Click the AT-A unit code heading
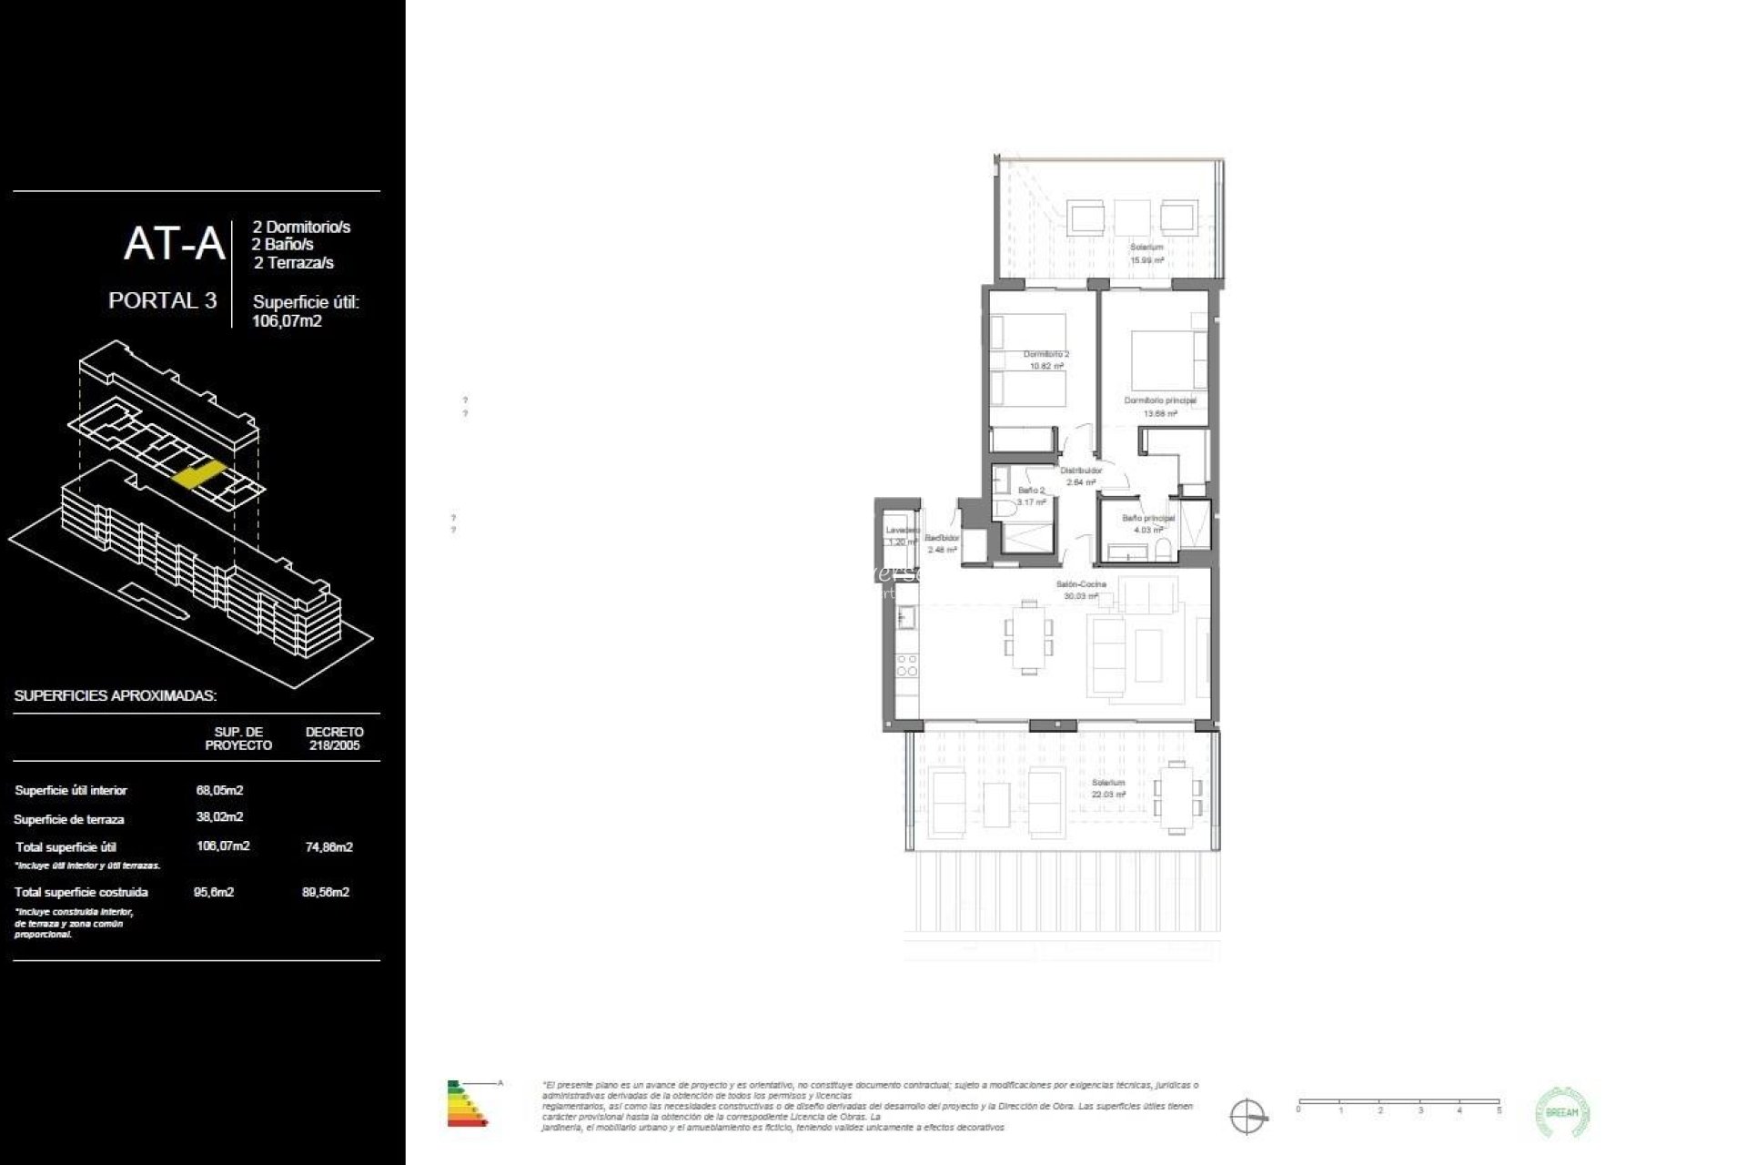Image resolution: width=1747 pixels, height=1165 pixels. (x=174, y=244)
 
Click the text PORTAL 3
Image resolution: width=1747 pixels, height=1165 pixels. (x=162, y=300)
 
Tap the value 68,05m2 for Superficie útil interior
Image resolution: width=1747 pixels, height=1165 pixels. (x=219, y=790)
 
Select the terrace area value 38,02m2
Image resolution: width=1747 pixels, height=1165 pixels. (x=219, y=817)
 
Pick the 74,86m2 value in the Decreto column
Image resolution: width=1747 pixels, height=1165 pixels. (x=328, y=846)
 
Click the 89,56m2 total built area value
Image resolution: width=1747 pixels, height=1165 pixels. (x=326, y=892)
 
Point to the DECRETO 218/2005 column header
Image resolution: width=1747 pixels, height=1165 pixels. (x=334, y=738)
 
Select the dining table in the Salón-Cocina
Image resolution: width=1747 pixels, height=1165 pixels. (x=1028, y=637)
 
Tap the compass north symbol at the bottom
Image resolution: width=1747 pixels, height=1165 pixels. (x=1247, y=1116)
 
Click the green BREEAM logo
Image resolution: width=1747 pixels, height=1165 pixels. (x=1562, y=1112)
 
